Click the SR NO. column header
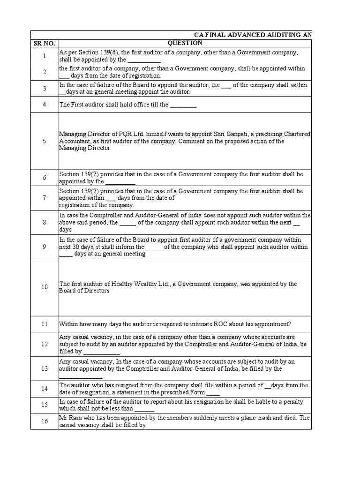point(45,44)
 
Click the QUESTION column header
point(185,44)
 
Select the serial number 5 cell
point(45,141)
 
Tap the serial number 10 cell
point(45,287)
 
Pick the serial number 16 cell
point(45,421)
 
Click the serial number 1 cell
point(45,56)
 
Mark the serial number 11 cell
point(45,324)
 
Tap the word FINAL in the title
point(215,35)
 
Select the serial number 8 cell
point(45,223)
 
